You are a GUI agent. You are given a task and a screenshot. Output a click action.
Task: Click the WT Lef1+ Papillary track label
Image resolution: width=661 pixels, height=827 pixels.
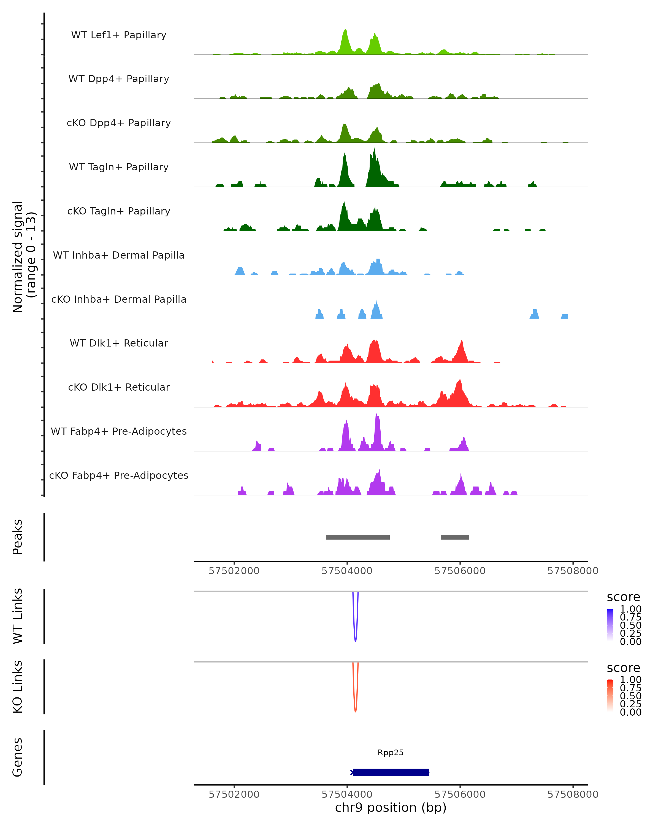pos(119,35)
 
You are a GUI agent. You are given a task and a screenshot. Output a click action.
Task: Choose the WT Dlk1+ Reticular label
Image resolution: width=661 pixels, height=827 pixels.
pos(119,343)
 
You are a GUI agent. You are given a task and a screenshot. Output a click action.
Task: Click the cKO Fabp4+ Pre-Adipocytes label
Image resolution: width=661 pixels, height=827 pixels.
pos(119,475)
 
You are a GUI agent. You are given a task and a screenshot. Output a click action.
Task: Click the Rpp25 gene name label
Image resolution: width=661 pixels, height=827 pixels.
pos(391,753)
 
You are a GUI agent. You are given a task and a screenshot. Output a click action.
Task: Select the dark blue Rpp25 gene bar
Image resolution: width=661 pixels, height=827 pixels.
pos(391,772)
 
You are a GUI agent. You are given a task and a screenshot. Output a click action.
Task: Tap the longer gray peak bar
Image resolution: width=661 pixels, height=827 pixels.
pos(358,537)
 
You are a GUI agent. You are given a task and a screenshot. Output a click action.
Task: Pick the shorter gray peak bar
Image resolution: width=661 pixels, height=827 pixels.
pos(455,537)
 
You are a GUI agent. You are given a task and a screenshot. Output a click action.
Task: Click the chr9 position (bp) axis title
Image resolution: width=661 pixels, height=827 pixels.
pos(391,807)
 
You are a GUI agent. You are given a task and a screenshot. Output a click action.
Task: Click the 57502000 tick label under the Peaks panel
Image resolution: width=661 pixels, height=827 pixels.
pos(234,571)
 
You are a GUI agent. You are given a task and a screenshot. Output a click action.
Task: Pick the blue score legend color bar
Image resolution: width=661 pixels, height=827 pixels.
pos(610,624)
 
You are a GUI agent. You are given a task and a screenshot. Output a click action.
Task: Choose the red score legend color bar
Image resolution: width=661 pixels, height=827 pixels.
pos(610,695)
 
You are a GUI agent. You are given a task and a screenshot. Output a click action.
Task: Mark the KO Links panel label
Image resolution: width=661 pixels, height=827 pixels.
pos(18,687)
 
